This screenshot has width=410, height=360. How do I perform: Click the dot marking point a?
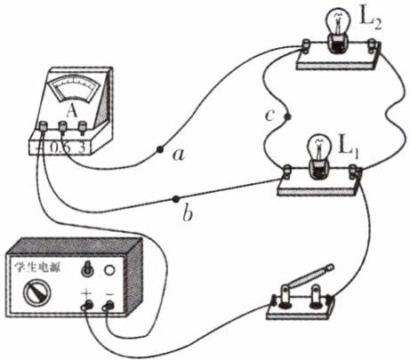[x=160, y=149]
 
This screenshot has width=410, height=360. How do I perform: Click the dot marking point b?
[x=176, y=199]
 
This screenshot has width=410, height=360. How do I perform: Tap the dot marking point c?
[x=287, y=116]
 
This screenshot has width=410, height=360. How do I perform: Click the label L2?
[x=370, y=20]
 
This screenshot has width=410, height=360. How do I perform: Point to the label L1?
[x=349, y=148]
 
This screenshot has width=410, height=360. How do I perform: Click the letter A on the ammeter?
[x=71, y=111]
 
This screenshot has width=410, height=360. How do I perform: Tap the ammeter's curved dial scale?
[x=75, y=88]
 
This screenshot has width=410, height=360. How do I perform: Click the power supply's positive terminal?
[x=87, y=306]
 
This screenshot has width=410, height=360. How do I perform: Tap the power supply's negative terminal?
[x=109, y=306]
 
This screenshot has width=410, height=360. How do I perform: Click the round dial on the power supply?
[x=36, y=292]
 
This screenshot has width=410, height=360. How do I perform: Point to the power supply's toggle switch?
[x=87, y=268]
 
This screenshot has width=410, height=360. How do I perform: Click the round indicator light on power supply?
[x=109, y=269]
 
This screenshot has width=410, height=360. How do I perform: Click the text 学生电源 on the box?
[x=37, y=268]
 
